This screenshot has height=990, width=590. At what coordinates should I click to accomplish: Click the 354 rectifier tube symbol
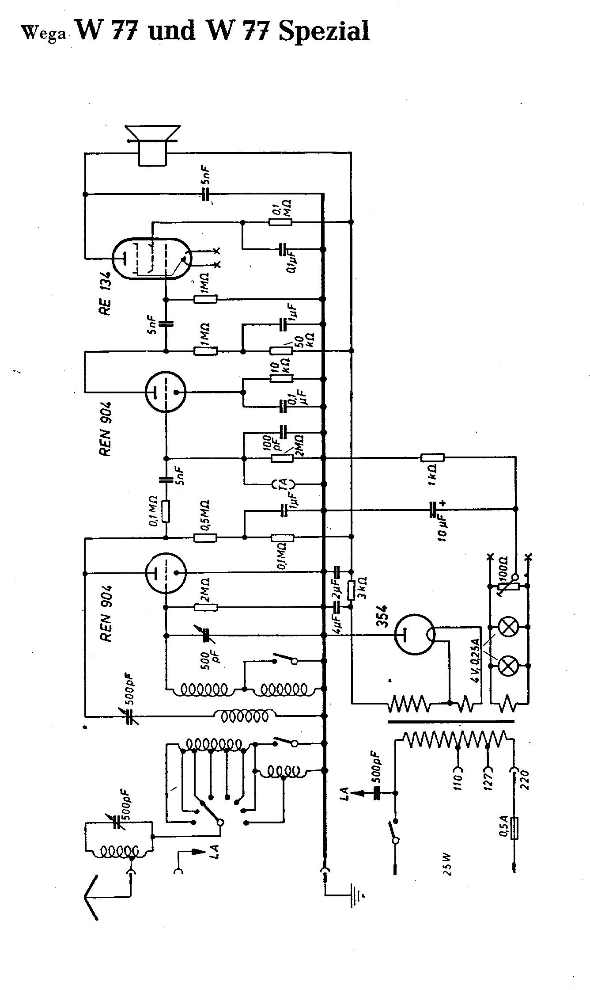(415, 635)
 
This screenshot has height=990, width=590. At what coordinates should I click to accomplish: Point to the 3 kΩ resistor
(352, 590)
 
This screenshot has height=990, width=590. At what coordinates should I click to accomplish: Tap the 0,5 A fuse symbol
(514, 828)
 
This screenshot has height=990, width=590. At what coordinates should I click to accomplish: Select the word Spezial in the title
(324, 31)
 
